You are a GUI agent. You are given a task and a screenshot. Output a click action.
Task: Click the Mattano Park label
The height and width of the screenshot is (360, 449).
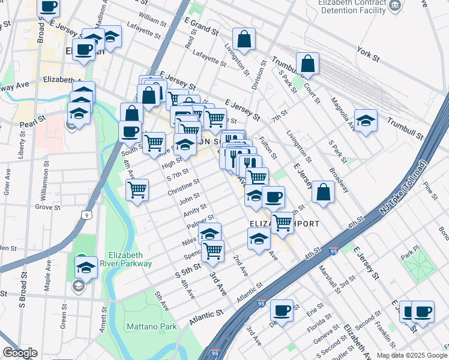152,326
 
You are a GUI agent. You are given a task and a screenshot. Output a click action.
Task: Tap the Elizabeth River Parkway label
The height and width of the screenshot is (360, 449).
134,258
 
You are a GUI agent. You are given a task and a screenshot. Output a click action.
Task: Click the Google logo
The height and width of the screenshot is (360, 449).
20,353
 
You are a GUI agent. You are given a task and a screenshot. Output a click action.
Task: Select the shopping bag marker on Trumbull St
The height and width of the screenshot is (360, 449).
307,63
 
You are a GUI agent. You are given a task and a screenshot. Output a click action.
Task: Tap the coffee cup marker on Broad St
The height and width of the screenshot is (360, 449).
48,7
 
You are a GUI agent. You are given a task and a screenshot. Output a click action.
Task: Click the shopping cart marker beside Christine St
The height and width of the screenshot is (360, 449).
137,189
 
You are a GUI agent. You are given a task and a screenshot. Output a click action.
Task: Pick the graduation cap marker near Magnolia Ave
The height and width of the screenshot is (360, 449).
366,120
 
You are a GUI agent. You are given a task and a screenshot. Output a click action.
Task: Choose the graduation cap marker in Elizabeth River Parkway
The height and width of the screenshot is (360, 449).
86,266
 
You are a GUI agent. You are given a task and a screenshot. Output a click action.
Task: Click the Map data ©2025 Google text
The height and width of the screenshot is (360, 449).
411,355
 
